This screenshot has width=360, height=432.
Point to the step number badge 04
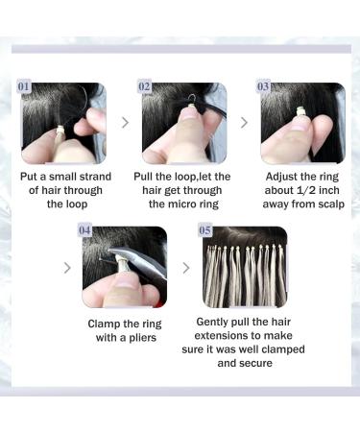(86, 231)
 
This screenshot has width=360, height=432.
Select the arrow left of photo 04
(66, 267)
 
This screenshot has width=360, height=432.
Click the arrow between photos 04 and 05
(184, 267)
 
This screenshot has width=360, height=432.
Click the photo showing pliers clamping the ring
(124, 267)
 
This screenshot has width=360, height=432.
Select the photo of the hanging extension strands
(243, 267)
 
